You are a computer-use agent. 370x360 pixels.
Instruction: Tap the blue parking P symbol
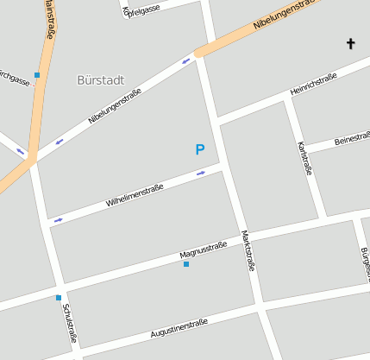point(200,150)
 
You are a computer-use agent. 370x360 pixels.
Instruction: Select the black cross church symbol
point(351,42)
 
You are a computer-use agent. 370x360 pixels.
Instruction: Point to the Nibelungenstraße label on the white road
point(115,107)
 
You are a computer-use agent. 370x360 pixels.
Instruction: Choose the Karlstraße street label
point(304,158)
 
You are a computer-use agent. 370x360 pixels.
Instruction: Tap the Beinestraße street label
point(352,138)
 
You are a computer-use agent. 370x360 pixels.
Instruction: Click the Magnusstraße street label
point(203,250)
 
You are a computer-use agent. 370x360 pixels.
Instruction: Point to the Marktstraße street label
point(248,250)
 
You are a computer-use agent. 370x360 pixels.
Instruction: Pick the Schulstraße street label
point(70,324)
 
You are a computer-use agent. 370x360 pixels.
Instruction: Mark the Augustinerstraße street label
point(179,328)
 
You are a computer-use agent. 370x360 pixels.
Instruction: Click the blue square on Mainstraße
point(37,75)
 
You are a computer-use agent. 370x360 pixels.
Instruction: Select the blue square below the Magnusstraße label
point(186,264)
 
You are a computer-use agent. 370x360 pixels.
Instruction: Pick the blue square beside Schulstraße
point(59,298)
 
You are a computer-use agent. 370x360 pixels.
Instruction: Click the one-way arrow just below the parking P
point(201,173)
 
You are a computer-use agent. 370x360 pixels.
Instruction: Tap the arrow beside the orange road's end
point(186,60)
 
